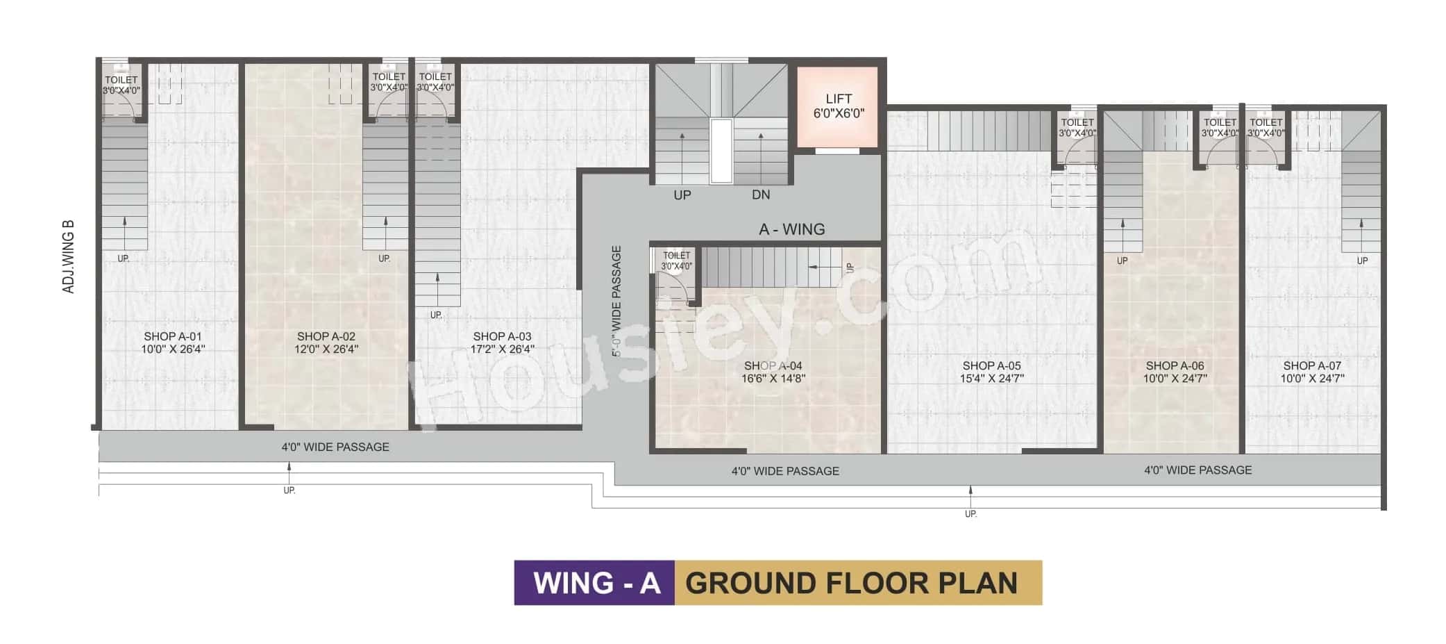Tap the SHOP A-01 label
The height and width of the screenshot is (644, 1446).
click(173, 336)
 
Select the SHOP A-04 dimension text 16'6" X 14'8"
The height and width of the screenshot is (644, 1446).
click(773, 379)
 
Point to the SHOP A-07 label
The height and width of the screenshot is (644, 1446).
click(1312, 365)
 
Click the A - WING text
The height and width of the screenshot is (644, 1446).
click(791, 229)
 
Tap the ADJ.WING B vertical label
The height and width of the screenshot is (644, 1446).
click(69, 256)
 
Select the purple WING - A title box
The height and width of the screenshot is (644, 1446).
click(595, 583)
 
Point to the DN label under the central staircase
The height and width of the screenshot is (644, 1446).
click(761, 195)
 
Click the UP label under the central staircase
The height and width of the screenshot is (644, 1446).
click(682, 195)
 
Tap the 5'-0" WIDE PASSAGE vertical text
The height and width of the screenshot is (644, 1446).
click(616, 301)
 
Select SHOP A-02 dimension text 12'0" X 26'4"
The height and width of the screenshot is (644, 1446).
click(326, 349)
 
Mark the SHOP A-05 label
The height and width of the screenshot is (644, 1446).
click(991, 365)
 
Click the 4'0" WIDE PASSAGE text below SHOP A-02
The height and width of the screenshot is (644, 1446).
click(335, 447)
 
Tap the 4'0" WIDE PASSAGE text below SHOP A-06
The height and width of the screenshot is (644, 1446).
click(1197, 470)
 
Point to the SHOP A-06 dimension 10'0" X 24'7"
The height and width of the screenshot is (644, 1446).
click(1175, 379)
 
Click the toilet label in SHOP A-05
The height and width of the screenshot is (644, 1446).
click(1077, 127)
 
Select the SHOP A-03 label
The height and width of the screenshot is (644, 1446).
click(502, 336)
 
